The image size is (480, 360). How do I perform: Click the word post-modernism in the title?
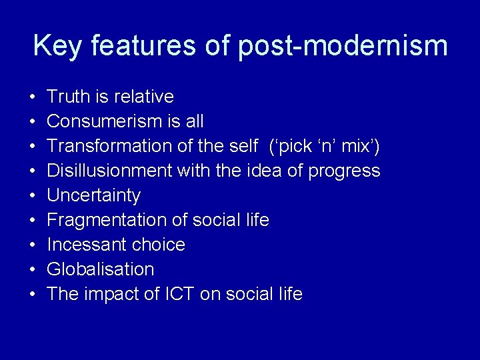[343, 45]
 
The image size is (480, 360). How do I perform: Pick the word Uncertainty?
[94, 195]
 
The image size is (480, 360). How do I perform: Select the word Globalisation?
[101, 269]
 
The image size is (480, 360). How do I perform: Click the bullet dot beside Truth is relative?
[33, 97]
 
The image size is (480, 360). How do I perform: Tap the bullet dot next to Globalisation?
[33, 270]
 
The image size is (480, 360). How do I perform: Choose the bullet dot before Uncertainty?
[33, 196]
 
